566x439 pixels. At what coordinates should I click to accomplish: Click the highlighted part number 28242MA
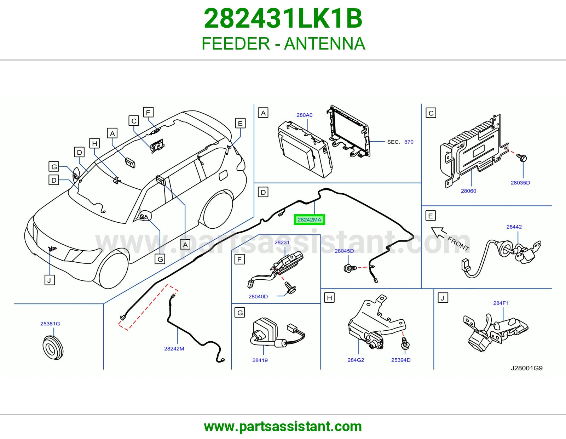309,220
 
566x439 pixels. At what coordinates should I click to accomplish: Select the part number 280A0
304,115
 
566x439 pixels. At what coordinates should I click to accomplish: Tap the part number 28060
468,191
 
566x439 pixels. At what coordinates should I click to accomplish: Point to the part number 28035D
520,183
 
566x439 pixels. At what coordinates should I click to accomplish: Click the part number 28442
514,227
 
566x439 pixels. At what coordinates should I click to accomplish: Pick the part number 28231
282,243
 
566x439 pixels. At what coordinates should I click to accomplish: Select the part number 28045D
344,251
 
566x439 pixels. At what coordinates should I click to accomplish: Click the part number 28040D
258,296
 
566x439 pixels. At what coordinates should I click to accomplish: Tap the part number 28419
260,360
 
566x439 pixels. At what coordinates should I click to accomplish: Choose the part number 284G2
356,360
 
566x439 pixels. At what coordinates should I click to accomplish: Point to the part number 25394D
400,360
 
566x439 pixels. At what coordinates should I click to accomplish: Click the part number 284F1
501,303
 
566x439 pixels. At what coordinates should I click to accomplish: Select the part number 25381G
50,324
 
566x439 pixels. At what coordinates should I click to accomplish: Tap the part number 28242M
174,349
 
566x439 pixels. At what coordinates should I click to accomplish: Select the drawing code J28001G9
526,368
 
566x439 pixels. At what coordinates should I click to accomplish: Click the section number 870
409,142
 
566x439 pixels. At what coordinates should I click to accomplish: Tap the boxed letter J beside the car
50,280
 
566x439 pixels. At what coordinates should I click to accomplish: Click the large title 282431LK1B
283,18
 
